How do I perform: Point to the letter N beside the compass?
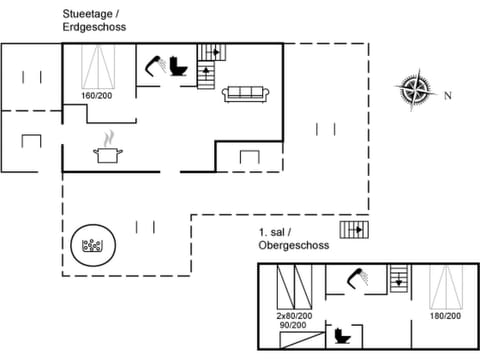448,96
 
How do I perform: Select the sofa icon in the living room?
245,93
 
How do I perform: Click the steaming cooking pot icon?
106,150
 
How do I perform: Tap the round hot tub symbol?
95,244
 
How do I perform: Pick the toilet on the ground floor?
179,67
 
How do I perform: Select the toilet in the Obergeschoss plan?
346,333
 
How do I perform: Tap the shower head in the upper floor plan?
356,279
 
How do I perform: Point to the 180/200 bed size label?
445,316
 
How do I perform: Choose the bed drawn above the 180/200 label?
445,287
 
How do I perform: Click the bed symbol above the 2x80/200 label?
292,289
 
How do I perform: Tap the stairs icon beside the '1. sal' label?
353,230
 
